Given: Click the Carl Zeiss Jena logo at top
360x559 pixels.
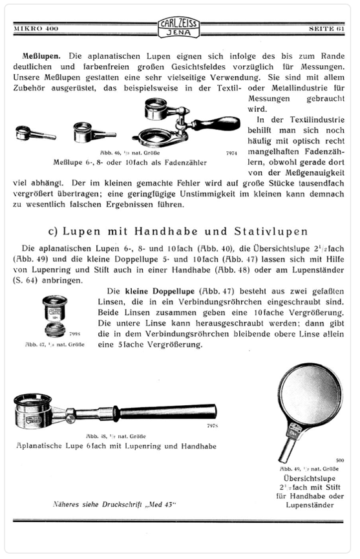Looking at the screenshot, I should pos(180,27).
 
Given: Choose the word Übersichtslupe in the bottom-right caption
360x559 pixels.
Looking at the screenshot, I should pos(306,479).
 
